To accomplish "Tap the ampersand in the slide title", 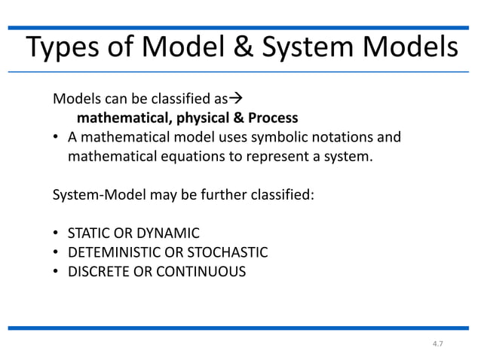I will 258,47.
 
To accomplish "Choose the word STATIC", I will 87,233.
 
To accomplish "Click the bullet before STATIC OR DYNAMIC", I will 57,233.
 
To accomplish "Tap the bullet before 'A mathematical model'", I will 57,138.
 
